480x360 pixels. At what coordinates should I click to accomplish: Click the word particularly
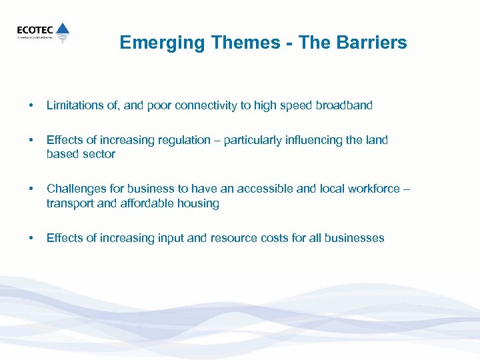256,140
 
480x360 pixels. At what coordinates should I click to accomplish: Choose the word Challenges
75,189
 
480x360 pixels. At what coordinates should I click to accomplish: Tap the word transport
70,203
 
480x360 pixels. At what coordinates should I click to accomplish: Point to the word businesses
353,238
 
